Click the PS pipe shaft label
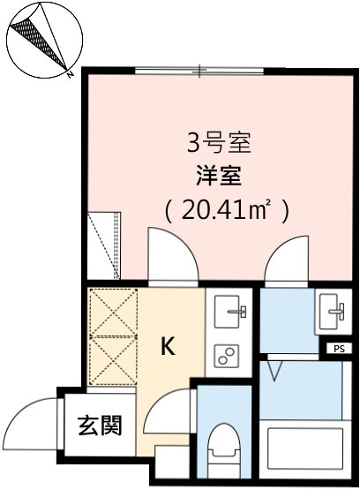click(x=339, y=349)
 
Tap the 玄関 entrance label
click(x=100, y=426)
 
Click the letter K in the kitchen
click(x=168, y=346)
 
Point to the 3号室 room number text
click(x=219, y=143)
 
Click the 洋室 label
click(x=219, y=177)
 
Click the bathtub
click(x=305, y=449)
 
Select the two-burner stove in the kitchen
click(x=227, y=357)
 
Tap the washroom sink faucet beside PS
click(x=336, y=311)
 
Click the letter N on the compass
click(x=71, y=74)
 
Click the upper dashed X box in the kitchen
click(x=113, y=312)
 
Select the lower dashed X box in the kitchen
click(x=113, y=360)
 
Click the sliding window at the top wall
click(x=199, y=71)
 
